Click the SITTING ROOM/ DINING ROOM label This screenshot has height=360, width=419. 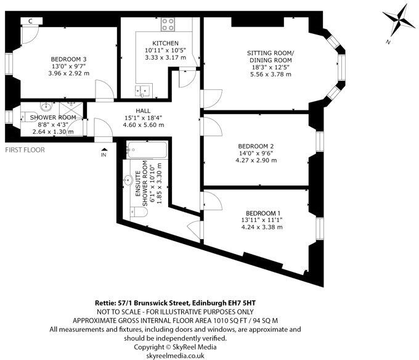[271, 57]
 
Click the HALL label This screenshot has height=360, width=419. [144, 110]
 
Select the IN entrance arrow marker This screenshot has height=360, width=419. [104, 152]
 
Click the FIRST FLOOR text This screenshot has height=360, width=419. [25, 150]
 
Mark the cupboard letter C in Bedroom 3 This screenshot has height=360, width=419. [30, 20]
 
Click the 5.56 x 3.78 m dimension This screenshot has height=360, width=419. [271, 74]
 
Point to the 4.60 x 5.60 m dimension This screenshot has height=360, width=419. [144, 125]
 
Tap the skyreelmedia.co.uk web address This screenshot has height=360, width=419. [209, 356]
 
